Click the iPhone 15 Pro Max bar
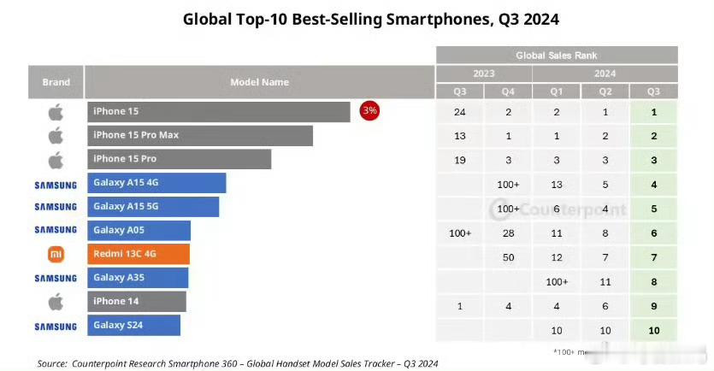(199, 135)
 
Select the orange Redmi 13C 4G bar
(138, 254)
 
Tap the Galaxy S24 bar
(133, 326)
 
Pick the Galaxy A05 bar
(138, 230)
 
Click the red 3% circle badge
(369, 110)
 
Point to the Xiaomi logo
(56, 254)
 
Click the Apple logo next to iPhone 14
(56, 301)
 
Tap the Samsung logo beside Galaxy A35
(56, 278)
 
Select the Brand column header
(56, 82)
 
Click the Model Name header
(259, 82)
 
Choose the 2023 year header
(484, 74)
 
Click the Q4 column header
(508, 91)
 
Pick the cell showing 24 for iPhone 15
(460, 111)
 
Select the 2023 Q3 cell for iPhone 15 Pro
(460, 159)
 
